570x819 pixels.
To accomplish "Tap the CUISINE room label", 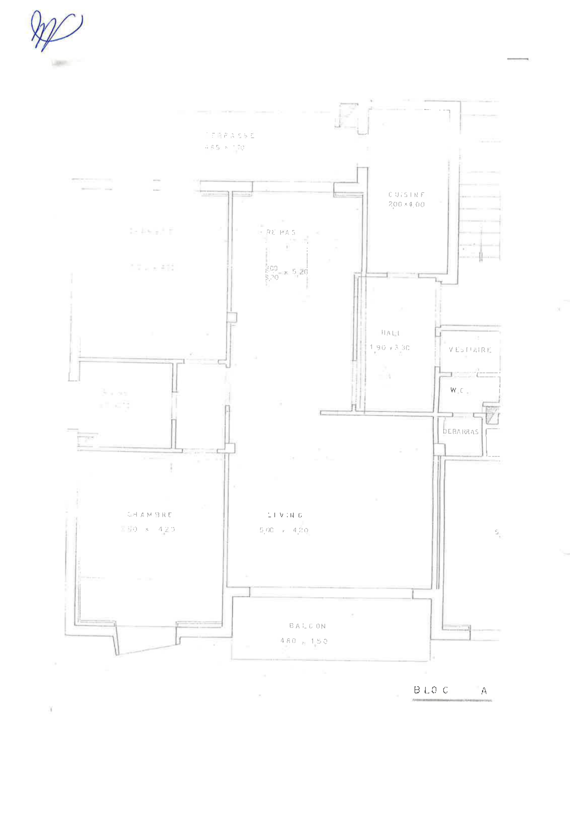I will pos(406,194).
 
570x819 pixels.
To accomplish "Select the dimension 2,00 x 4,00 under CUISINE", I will pos(406,204).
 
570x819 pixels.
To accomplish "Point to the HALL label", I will pos(390,333).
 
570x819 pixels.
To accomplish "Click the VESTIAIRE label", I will pos(470,350).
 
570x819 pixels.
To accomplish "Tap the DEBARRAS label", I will pos(460,432).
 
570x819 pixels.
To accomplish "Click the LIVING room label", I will pos(285,515).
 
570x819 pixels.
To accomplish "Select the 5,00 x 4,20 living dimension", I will pos(284,530).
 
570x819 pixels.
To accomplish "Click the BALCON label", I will pos(308,626).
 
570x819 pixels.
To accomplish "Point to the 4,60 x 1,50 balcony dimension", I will pos(304,641).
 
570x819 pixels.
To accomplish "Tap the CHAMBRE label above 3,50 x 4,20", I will pos(149,514).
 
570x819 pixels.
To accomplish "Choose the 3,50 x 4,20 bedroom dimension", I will pos(148,529).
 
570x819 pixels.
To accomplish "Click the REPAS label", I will pos(281,232).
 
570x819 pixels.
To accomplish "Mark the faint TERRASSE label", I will pos(230,135).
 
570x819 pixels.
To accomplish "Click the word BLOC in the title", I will pos(431,690).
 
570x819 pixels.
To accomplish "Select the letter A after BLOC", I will pos(484,691).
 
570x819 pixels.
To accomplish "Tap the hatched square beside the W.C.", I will pos(491,415).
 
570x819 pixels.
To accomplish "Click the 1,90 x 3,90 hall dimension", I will pos(389,348).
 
